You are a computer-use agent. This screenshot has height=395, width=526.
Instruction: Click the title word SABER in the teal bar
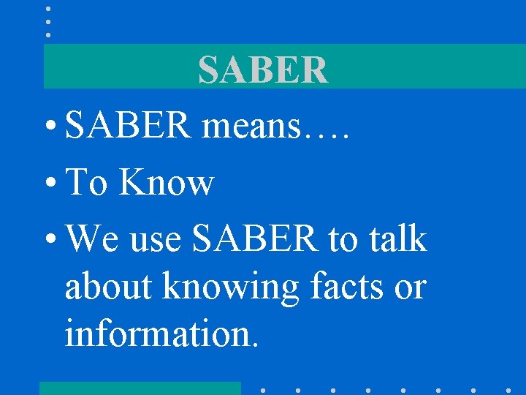(263, 70)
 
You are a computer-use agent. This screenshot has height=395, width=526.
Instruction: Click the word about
(110, 286)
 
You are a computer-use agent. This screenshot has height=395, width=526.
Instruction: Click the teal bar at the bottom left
(140, 388)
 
